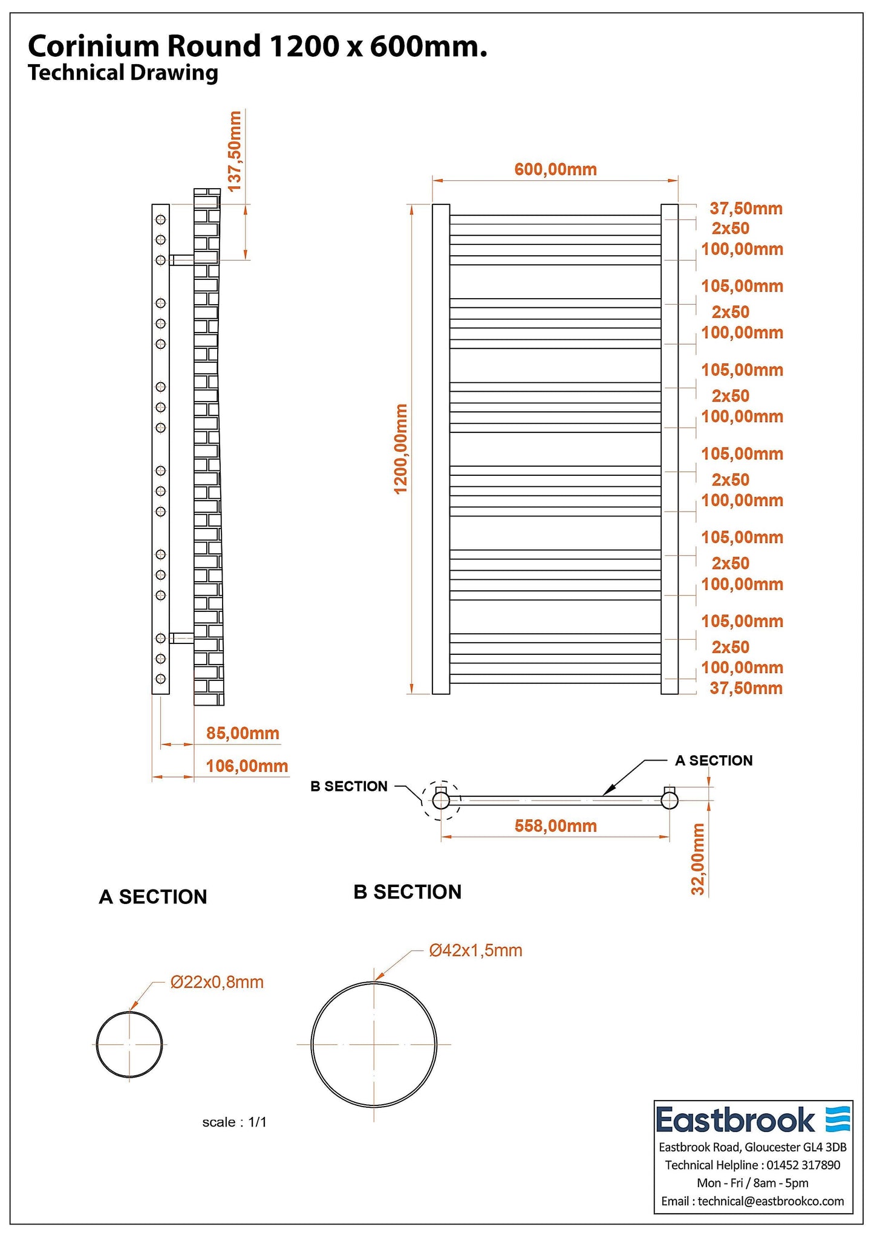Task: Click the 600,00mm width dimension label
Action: (555, 169)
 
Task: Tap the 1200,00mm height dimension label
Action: (401, 449)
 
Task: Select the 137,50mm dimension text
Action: (235, 151)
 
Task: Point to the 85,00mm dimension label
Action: (243, 733)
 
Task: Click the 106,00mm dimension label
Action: (247, 766)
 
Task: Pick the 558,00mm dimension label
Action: (555, 826)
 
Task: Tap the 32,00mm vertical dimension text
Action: (698, 859)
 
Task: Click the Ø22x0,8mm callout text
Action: (217, 982)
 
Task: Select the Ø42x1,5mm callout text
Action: (475, 951)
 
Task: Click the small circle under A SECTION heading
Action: (129, 1044)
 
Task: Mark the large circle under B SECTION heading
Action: (374, 1044)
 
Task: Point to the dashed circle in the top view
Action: (442, 800)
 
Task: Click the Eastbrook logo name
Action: (735, 1121)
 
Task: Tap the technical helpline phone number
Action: (803, 1165)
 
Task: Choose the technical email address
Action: (771, 1202)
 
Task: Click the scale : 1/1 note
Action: (234, 1122)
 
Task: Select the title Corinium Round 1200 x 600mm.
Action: (258, 46)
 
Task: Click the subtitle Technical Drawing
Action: (123, 73)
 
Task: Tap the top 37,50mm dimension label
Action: (746, 209)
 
